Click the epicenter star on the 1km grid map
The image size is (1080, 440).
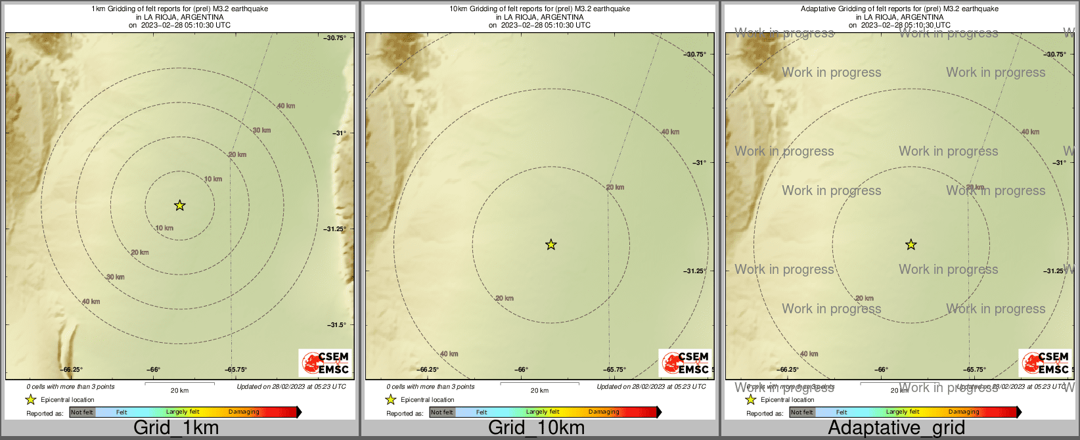point(179,206)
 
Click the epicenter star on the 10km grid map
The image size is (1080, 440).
point(551,245)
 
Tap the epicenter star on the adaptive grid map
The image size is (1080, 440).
point(911,245)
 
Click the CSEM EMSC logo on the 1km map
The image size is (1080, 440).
point(325,363)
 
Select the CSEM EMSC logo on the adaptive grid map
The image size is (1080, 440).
point(1045,363)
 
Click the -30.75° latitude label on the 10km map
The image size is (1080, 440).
point(696,55)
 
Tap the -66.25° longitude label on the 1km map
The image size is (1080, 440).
point(72,370)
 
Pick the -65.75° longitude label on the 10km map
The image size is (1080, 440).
point(616,370)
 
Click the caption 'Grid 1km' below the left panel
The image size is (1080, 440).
point(176,428)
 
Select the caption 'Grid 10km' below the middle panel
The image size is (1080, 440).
point(536,428)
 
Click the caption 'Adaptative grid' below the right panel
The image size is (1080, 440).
point(896,428)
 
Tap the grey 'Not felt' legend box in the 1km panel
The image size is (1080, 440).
point(82,412)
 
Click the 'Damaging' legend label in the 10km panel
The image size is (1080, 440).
point(604,412)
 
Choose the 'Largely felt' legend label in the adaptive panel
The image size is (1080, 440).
point(903,412)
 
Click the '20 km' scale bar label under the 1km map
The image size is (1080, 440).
point(179,391)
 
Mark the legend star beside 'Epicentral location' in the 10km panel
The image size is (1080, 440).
point(391,399)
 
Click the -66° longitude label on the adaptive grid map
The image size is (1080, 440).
point(882,370)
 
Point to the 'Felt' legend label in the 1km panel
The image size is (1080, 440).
point(122,412)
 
